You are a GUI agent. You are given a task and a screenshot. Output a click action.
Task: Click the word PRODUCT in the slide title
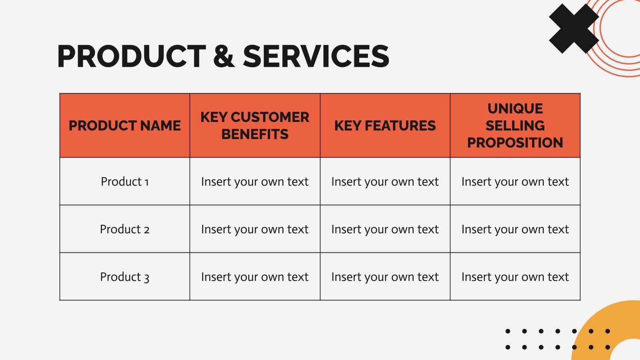(132, 56)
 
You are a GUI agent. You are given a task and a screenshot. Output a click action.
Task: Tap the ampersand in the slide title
(224, 56)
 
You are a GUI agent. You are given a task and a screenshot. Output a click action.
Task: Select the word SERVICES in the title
(316, 56)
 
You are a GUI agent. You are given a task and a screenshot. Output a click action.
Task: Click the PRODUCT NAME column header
(124, 126)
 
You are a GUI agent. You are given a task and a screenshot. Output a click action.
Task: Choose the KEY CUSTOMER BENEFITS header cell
(255, 126)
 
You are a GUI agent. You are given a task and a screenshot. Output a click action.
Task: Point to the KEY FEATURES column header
(385, 126)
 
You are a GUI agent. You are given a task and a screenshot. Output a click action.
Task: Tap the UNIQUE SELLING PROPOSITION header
(515, 126)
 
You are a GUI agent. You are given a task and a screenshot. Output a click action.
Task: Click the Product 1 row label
(124, 182)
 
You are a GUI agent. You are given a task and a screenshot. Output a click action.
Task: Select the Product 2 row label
(124, 229)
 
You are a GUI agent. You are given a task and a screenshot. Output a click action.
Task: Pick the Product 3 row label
(124, 277)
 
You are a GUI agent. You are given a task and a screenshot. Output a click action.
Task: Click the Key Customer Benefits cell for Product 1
(255, 182)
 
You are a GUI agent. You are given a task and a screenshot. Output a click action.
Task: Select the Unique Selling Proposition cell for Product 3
(515, 277)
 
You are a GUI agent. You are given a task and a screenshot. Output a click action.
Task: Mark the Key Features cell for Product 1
(385, 182)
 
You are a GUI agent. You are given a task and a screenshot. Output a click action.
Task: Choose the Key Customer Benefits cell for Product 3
(255, 277)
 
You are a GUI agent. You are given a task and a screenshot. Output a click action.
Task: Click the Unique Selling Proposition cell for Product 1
(515, 182)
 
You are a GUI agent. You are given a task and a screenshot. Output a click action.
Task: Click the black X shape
(574, 28)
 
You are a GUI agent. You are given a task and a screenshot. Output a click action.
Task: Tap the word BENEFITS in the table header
(255, 134)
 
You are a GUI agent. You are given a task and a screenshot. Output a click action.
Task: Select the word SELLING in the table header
(515, 126)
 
